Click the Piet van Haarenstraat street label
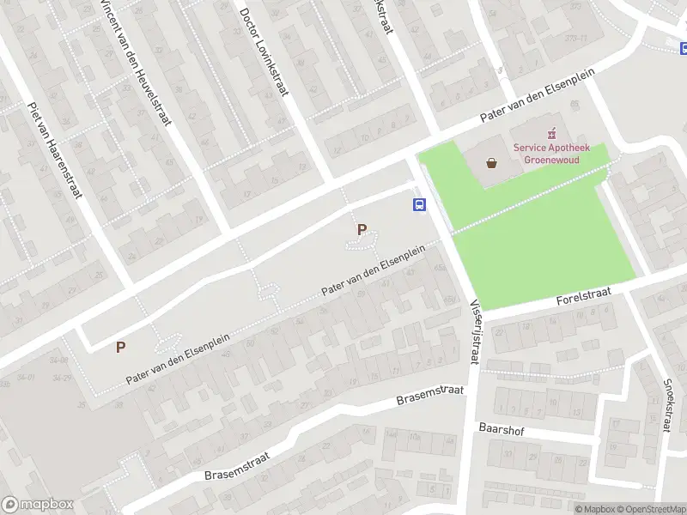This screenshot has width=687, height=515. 53,149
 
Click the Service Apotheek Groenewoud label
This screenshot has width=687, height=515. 546,153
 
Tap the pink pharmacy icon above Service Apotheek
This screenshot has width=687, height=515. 551,133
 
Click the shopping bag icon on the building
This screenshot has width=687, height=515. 491,161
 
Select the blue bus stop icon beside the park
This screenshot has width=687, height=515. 420,204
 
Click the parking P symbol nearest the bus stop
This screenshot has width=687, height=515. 362,229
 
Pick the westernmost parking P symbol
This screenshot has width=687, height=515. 121,347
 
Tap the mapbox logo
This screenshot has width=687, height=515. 38,505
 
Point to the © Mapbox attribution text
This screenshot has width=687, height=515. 597,509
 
